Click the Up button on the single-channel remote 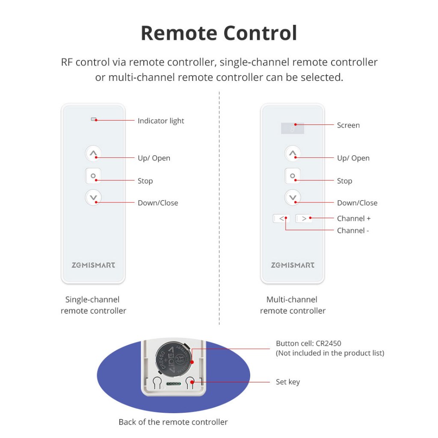(93, 154)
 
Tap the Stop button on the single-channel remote (93, 176)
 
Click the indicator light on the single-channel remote (94, 119)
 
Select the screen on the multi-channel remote (293, 128)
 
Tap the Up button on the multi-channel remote (293, 154)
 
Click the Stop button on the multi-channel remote (293, 176)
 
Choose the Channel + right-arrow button (304, 219)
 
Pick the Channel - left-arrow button (281, 219)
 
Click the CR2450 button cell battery (174, 359)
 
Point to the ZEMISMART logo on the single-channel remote (93, 265)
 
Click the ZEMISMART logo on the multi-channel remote (293, 265)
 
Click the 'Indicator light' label (161, 121)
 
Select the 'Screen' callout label (348, 125)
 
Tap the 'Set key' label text (288, 382)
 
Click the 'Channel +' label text (354, 219)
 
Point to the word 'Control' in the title (260, 33)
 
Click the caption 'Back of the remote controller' (173, 422)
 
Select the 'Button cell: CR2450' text (308, 343)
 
